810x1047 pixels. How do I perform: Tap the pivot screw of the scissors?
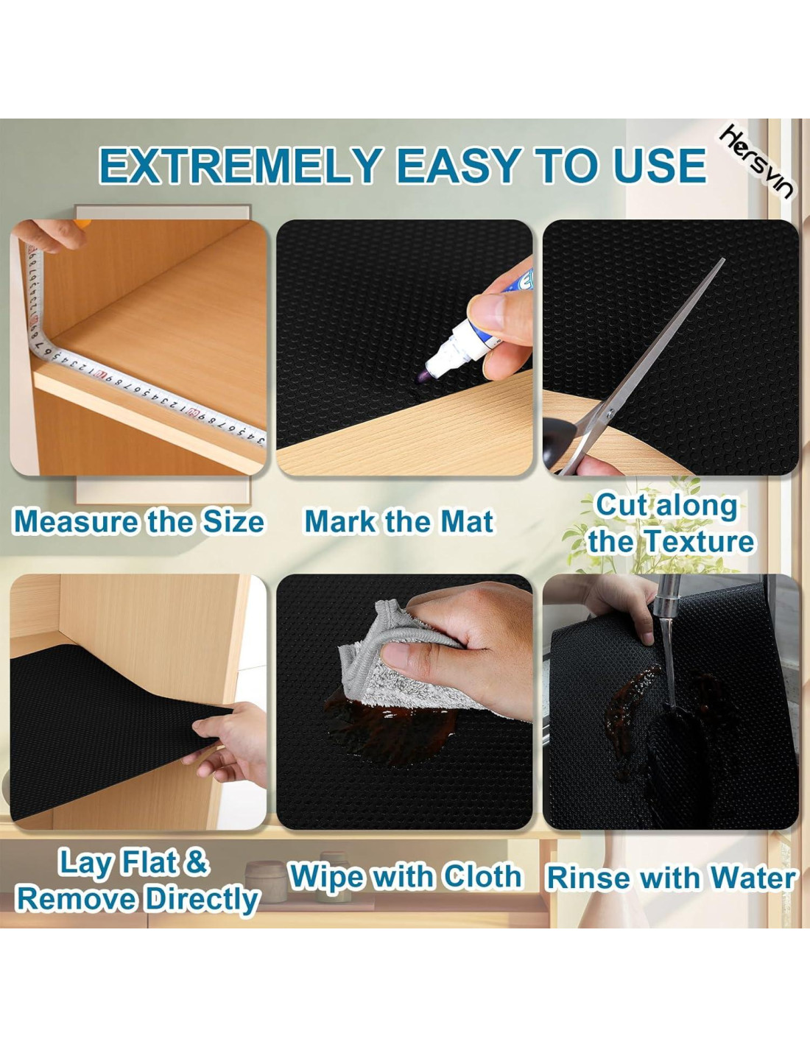point(610,412)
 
